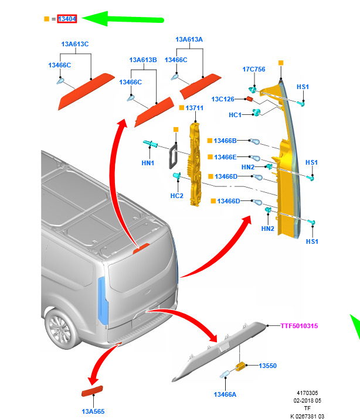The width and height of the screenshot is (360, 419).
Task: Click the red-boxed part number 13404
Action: click(x=67, y=19)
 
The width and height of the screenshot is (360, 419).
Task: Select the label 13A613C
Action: click(x=75, y=44)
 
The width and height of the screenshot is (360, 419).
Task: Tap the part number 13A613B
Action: click(x=143, y=60)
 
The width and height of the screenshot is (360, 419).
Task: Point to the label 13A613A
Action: click(x=189, y=39)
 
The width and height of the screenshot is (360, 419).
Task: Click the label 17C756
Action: click(x=254, y=69)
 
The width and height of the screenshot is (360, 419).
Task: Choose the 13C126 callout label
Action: click(x=223, y=99)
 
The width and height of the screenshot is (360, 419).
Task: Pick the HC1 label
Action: click(x=235, y=115)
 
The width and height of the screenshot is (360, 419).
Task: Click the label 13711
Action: click(x=194, y=108)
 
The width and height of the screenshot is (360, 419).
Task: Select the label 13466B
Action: click(x=225, y=141)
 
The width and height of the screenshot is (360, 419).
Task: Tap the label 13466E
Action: click(x=225, y=157)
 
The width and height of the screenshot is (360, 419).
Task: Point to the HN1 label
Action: click(x=148, y=163)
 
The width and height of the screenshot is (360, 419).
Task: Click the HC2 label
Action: click(x=176, y=196)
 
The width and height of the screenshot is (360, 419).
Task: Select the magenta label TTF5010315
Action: click(x=299, y=326)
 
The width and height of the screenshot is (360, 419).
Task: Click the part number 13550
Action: click(x=267, y=366)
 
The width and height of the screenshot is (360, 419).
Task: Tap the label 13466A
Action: click(x=225, y=394)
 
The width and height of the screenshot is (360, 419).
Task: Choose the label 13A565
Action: click(x=93, y=411)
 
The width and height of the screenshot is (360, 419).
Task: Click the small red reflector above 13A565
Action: click(x=92, y=391)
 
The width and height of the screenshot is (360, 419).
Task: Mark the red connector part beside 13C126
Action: click(x=249, y=99)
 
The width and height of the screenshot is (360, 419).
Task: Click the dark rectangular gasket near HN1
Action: click(x=172, y=156)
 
